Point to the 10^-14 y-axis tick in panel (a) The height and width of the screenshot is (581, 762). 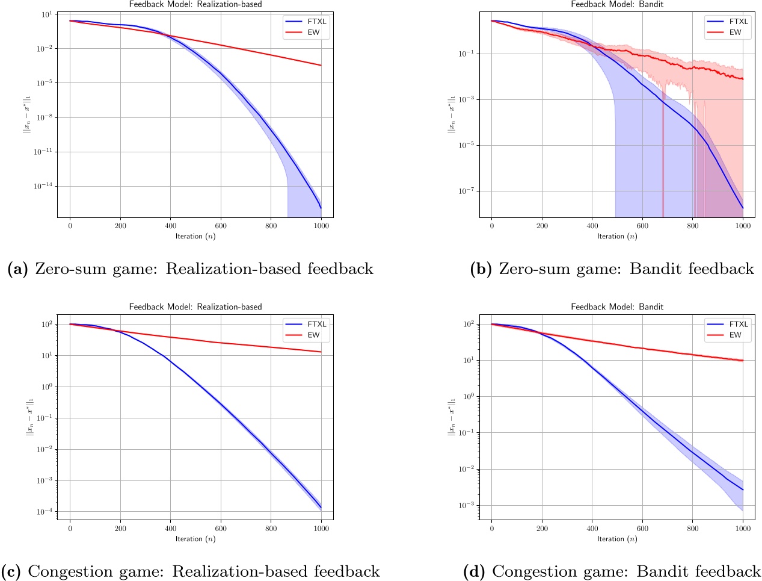[45, 186]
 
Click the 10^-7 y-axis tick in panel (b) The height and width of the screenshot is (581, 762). [467, 191]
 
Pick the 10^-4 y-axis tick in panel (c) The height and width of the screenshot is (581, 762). [46, 512]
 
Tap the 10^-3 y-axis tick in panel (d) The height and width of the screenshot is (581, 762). [467, 505]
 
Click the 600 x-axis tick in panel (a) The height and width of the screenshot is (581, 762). [221, 226]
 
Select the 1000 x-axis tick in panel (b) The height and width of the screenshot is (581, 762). [743, 226]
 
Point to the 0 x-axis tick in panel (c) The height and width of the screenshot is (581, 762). [70, 529]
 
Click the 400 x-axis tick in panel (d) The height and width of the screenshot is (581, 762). [592, 529]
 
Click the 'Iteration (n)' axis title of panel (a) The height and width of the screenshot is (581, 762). [195, 236]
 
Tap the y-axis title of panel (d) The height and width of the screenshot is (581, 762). [452, 415]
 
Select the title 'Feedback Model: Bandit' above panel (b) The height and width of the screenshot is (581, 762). [617, 4]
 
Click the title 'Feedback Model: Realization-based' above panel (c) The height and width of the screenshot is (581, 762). [195, 307]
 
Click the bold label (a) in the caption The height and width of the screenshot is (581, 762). [17, 269]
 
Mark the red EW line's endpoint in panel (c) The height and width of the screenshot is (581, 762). [321, 352]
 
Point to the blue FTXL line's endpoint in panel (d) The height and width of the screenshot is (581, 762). [743, 490]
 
